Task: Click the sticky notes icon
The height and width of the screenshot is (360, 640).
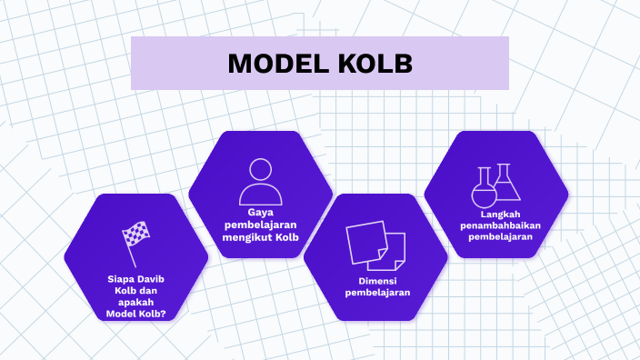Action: coord(375,243)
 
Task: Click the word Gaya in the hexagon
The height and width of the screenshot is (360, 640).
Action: coord(260,211)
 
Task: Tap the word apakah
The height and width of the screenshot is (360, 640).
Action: coord(136,302)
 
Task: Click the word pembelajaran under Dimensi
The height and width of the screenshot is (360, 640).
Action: coord(375,292)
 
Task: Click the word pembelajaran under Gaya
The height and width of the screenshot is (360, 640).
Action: coord(260,225)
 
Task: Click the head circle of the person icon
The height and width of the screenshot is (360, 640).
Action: coord(260,170)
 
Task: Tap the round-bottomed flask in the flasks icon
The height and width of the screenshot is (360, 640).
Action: coord(483,191)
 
